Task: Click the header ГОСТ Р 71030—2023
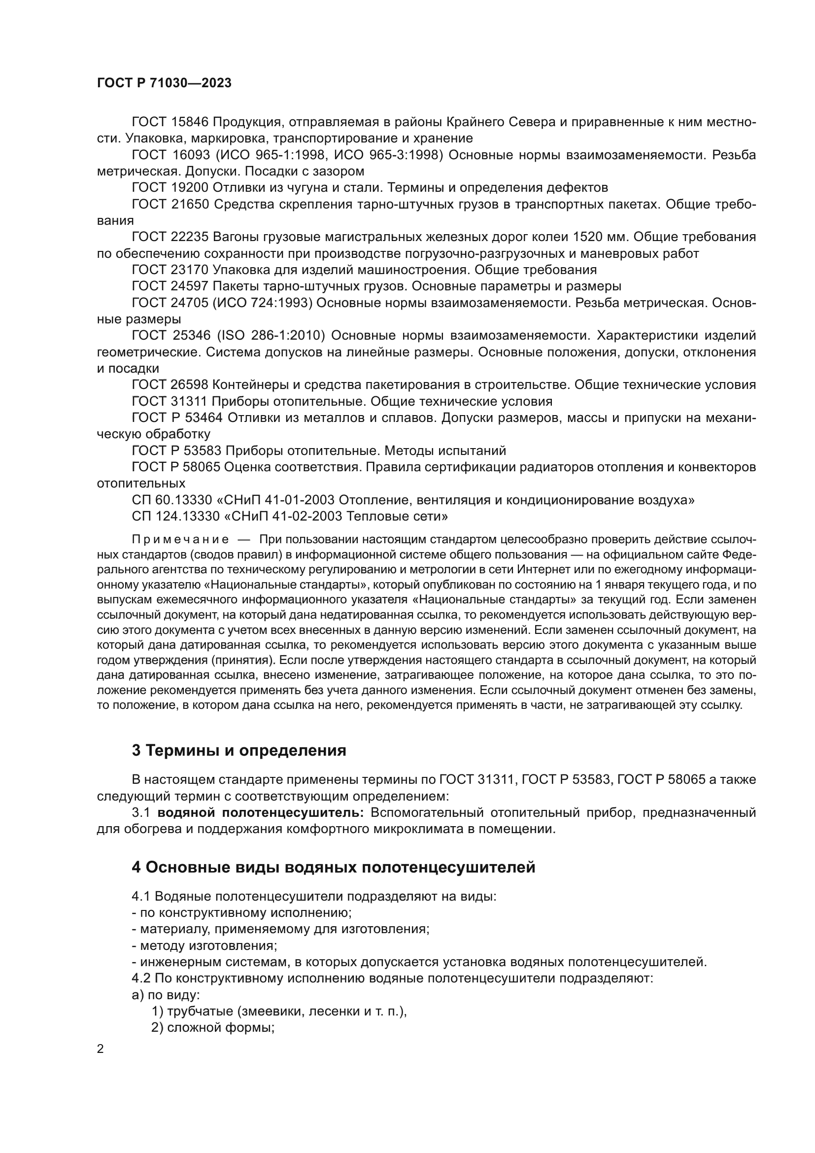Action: [x=164, y=83]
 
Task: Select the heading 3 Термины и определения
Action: [x=239, y=750]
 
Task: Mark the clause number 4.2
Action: [x=141, y=978]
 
